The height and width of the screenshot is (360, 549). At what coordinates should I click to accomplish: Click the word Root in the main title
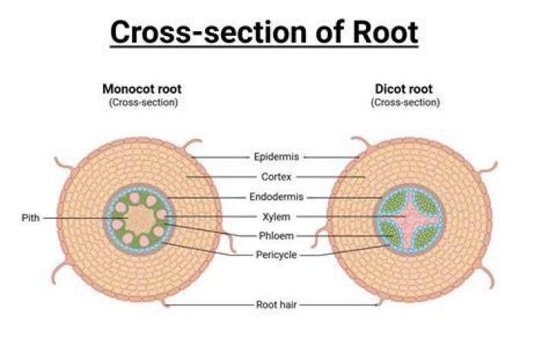click(x=385, y=32)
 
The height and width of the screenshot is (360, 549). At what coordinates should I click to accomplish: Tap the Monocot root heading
click(x=142, y=89)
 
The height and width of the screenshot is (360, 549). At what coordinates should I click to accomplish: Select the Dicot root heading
click(x=403, y=89)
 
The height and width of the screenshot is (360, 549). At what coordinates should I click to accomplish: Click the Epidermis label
click(x=276, y=156)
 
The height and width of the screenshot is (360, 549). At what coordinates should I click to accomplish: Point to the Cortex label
click(x=276, y=177)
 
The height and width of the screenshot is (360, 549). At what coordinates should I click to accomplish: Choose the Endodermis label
click(x=276, y=197)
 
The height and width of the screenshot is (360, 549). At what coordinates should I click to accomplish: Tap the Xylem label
click(x=276, y=217)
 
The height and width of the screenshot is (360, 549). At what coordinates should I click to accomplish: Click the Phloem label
click(x=276, y=236)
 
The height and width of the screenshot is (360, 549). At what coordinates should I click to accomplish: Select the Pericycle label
click(x=276, y=255)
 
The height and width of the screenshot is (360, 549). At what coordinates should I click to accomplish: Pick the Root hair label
click(x=276, y=304)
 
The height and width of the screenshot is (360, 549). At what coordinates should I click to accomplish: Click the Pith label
click(x=30, y=218)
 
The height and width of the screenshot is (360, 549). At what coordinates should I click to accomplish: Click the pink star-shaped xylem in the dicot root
click(x=409, y=219)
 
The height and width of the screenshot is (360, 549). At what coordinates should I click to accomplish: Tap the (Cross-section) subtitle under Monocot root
click(x=143, y=103)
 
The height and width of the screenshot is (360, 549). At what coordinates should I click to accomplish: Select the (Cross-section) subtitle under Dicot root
click(x=405, y=103)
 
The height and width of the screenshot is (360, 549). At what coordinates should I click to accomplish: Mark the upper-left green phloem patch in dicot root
click(x=393, y=202)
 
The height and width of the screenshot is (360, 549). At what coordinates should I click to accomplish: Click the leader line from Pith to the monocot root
click(x=85, y=218)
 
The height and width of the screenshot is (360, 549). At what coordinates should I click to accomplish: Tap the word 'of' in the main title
click(x=329, y=32)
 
